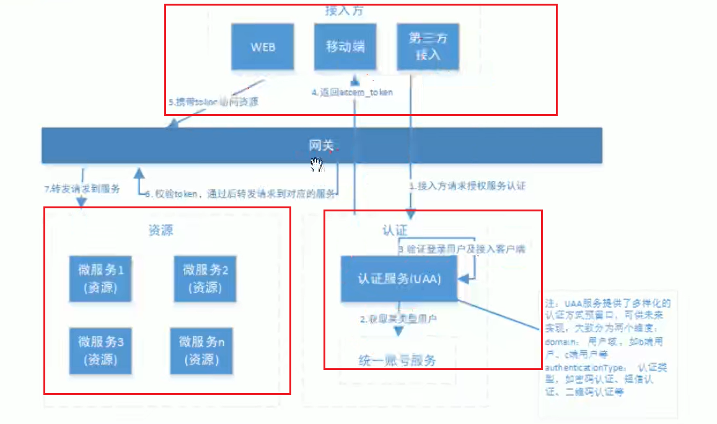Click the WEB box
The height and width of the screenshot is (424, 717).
click(x=263, y=46)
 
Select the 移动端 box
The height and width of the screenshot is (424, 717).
click(x=345, y=46)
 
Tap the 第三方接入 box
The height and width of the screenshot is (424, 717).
click(x=428, y=46)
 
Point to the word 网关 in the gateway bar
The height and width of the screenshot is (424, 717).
click(x=322, y=145)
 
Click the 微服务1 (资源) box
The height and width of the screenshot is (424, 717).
click(x=101, y=278)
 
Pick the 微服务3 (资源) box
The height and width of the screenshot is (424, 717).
click(x=101, y=350)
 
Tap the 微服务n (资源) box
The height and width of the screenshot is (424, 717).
click(x=202, y=350)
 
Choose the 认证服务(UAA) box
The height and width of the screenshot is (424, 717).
click(x=399, y=279)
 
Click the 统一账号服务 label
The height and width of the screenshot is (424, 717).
click(x=397, y=360)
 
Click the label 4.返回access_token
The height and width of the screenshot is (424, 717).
click(x=352, y=92)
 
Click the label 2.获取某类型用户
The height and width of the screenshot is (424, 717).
click(x=398, y=319)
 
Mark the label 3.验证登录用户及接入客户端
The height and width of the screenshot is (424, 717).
click(x=462, y=249)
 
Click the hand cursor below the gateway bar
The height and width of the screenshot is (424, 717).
click(x=317, y=164)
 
